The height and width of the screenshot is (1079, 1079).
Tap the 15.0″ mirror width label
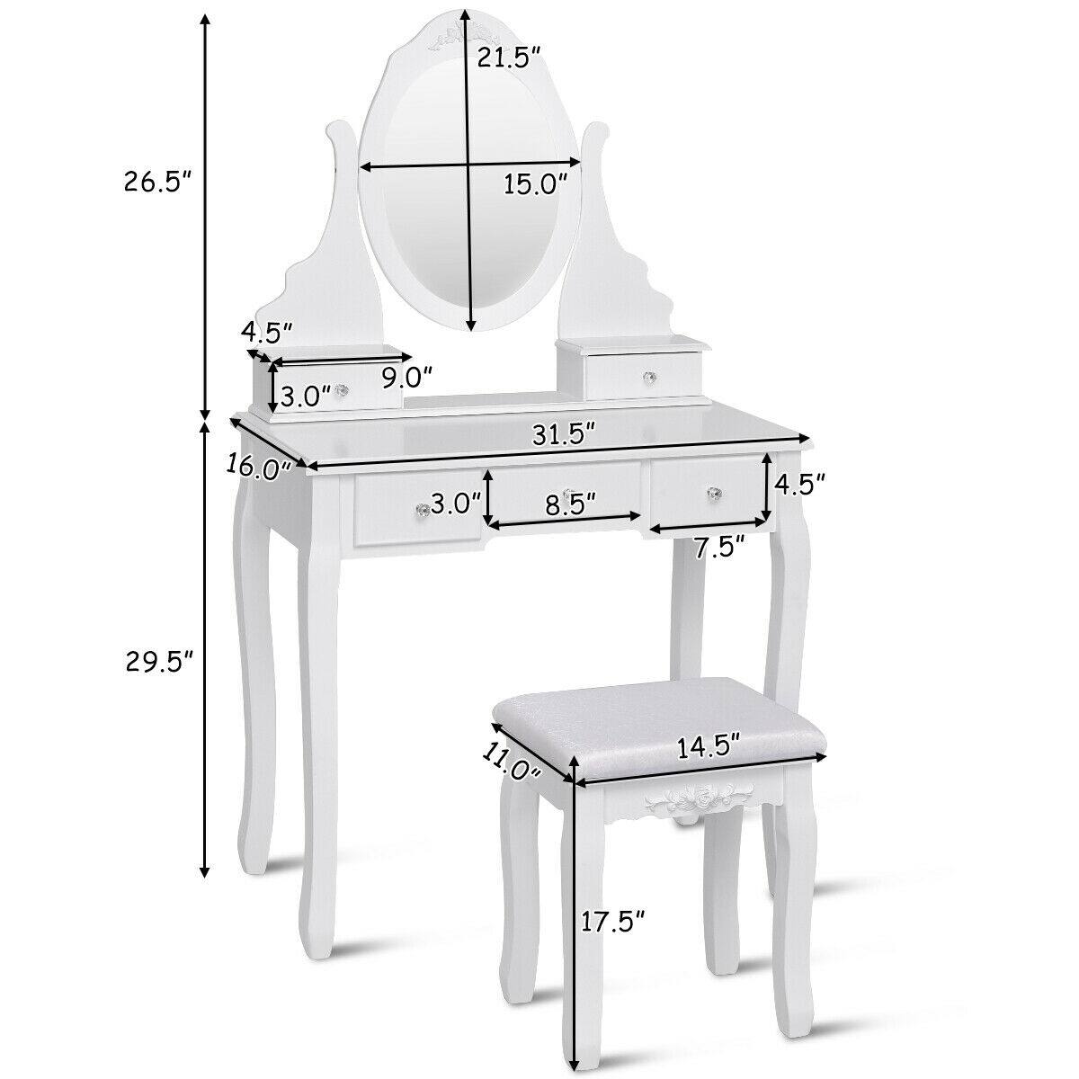pos(535,184)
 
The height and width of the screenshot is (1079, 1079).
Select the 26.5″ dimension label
pos(158,183)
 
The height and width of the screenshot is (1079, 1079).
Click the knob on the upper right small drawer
pos(647,378)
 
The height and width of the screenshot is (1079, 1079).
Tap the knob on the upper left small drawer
pos(341,391)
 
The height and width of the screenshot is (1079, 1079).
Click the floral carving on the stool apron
pos(688,798)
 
